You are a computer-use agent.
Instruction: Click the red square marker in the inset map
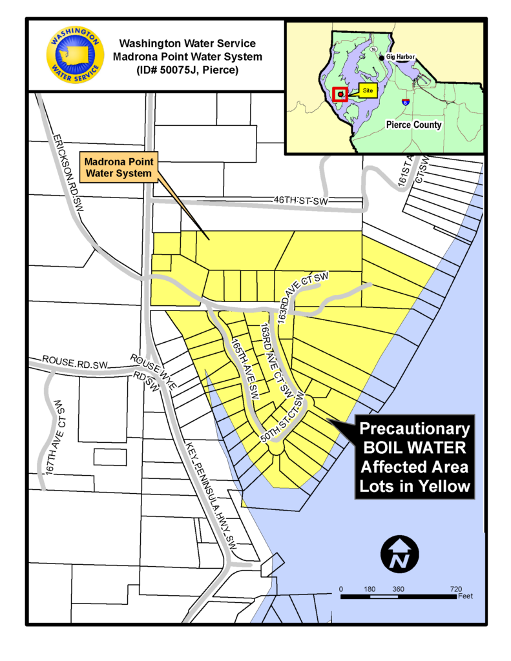point(340,95)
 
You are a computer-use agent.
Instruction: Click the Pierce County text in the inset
point(413,125)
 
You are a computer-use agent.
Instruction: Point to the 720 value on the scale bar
point(455,589)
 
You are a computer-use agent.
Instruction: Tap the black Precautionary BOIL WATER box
point(415,458)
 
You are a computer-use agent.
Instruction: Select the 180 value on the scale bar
point(370,589)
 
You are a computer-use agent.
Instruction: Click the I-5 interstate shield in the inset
point(405,102)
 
